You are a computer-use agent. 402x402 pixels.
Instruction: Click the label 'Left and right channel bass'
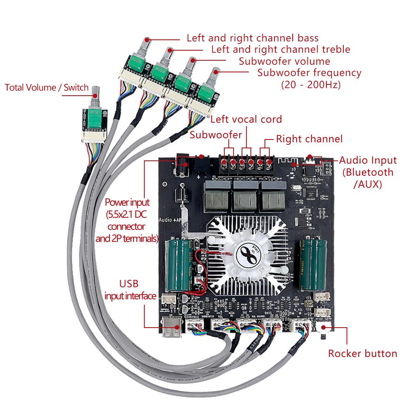[x=252, y=38]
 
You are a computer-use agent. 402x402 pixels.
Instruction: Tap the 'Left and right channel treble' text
[x=281, y=49]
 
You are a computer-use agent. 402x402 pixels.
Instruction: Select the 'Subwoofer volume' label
[x=284, y=62]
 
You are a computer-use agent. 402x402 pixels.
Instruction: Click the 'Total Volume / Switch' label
[x=46, y=88]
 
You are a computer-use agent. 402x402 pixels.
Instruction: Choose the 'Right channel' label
[x=309, y=139]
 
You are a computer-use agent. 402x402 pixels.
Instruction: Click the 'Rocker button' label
[x=362, y=354]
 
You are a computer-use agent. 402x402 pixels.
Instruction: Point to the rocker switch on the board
[x=324, y=332]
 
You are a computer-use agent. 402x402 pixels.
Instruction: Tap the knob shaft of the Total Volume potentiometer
[x=96, y=96]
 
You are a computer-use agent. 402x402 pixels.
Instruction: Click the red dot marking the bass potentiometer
[x=148, y=39]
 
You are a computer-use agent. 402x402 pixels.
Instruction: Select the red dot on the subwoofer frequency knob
[x=218, y=72]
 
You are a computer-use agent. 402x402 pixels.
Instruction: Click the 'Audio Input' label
[x=367, y=160]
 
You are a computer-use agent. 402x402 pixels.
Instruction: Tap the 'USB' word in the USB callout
[x=129, y=284]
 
